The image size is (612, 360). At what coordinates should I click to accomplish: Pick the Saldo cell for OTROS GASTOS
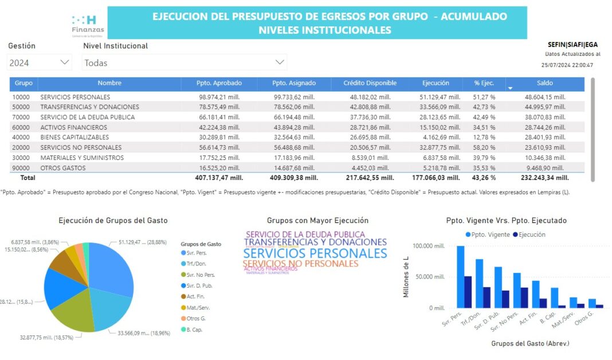pyautogui.click(x=545, y=168)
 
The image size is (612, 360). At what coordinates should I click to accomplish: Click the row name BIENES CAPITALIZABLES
pyautogui.click(x=74, y=138)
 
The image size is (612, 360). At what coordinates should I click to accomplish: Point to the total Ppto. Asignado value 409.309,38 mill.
pyautogui.click(x=295, y=178)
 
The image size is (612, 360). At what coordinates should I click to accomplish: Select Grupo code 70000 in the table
pyautogui.click(x=22, y=118)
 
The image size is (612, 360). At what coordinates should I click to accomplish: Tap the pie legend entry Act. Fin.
pyautogui.click(x=197, y=296)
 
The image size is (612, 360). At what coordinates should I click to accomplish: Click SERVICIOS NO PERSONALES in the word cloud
pyautogui.click(x=300, y=264)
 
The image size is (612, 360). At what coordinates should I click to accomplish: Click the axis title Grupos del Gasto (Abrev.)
pyautogui.click(x=530, y=343)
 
